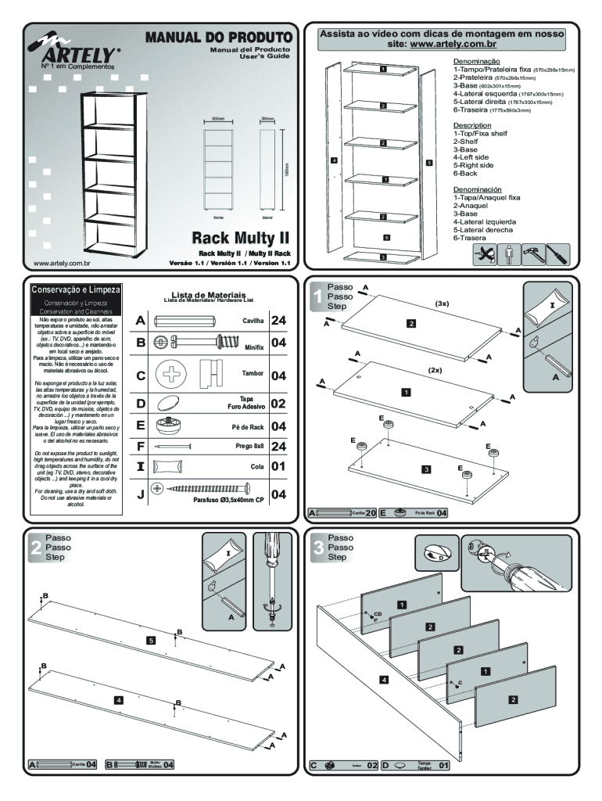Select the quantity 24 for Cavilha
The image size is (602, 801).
click(x=279, y=321)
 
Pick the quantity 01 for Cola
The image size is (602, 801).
click(x=279, y=467)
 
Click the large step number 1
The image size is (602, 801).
click(x=316, y=297)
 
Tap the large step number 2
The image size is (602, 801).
click(x=36, y=548)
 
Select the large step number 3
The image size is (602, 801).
click(x=317, y=548)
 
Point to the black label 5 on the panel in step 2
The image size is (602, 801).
click(x=151, y=641)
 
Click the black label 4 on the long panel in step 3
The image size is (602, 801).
click(x=384, y=679)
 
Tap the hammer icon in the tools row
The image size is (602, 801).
click(x=533, y=254)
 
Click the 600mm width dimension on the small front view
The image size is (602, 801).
click(x=218, y=120)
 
